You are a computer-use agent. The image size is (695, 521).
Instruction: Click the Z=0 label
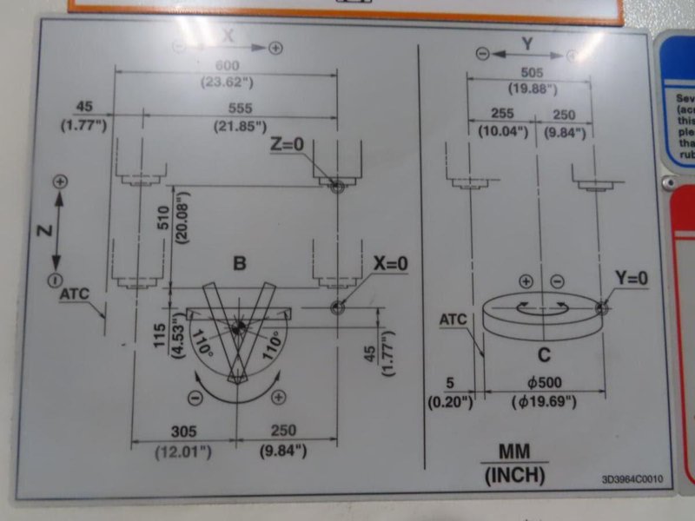coord(288,145)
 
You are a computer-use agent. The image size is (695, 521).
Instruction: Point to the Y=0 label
coord(632,278)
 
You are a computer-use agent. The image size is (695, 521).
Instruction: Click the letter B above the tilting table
coord(239,263)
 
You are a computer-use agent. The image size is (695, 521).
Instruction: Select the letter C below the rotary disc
coord(543,353)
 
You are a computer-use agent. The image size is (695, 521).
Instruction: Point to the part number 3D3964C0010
coord(632,478)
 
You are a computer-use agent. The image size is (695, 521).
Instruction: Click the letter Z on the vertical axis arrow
coord(44,229)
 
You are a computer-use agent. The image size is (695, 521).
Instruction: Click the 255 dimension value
coord(502,114)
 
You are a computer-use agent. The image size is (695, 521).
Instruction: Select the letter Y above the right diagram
coord(526,41)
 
